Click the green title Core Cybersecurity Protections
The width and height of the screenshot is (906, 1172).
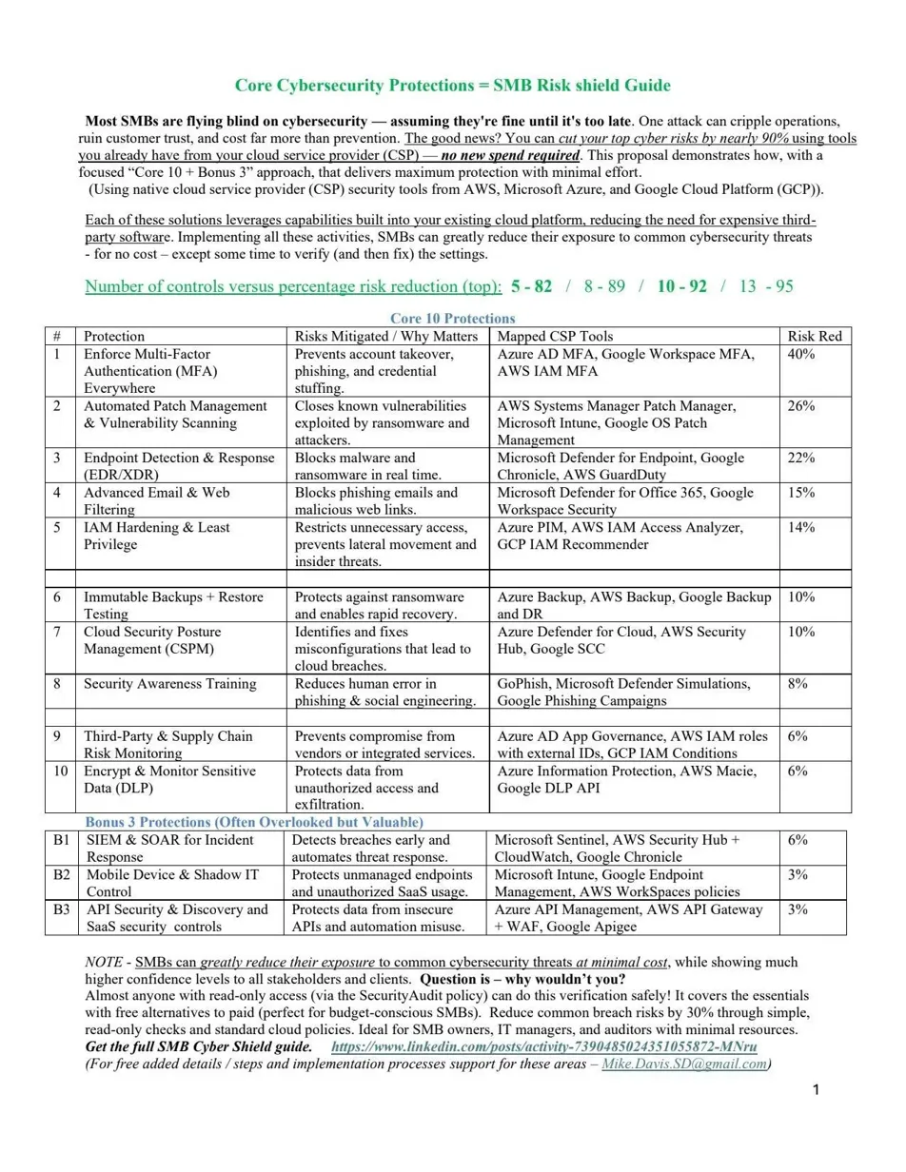[x=452, y=86]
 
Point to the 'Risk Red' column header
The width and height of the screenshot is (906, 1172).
[x=815, y=336]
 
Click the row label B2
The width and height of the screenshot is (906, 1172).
[x=61, y=874]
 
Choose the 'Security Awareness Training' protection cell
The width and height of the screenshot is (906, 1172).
[x=169, y=684]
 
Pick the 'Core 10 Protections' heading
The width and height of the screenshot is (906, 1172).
[x=453, y=319]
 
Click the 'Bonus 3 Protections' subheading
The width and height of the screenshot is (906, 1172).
[x=254, y=821]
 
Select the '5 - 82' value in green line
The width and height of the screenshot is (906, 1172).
[x=531, y=286]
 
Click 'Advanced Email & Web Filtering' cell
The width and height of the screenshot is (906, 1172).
[x=156, y=500]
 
